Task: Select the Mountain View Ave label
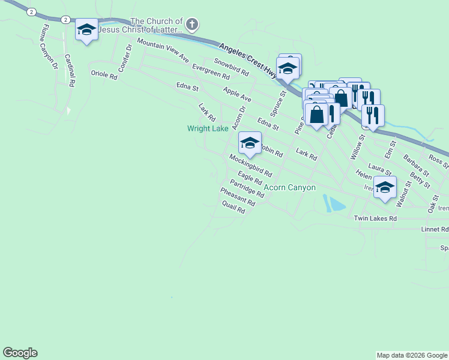pos(163,51)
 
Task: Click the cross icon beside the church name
pos(192,25)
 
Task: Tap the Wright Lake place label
pos(208,128)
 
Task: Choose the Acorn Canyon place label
pos(290,187)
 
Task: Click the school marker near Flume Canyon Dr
pos(86,29)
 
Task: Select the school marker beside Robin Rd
pos(250,143)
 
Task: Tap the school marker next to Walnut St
pos(385,186)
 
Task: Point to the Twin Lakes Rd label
pos(376,219)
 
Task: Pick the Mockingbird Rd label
pos(251,165)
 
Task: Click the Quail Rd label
pos(234,207)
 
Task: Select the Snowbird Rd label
pos(232,67)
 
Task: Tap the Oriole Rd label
pos(103,74)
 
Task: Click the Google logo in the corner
pos(20,353)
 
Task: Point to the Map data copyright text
pos(411,355)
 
